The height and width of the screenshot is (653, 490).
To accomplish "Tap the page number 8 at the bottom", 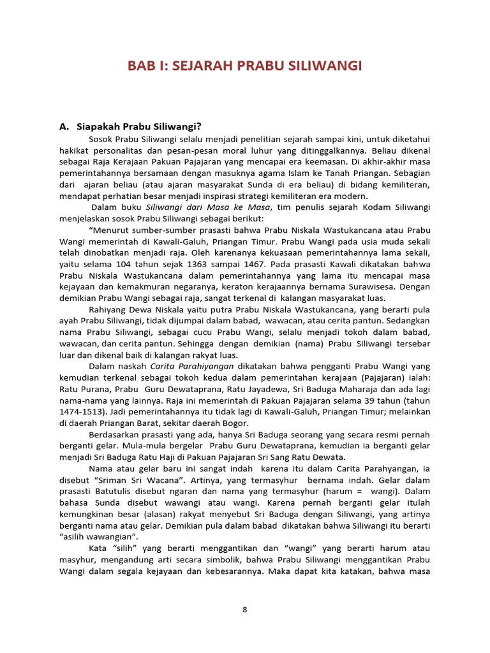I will (244, 609).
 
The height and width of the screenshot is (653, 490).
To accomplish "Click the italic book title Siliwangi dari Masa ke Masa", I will (207, 208).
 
